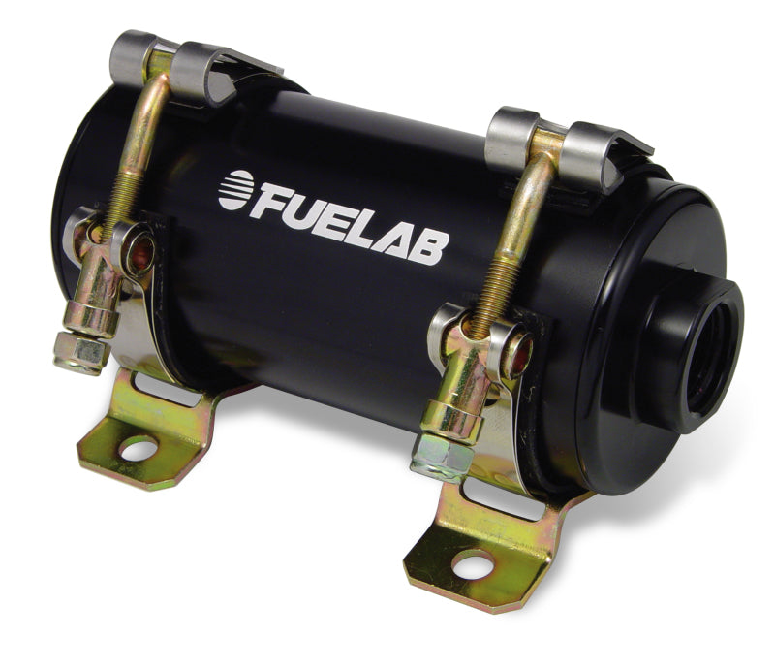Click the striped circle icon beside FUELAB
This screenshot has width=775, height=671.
tap(236, 190)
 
